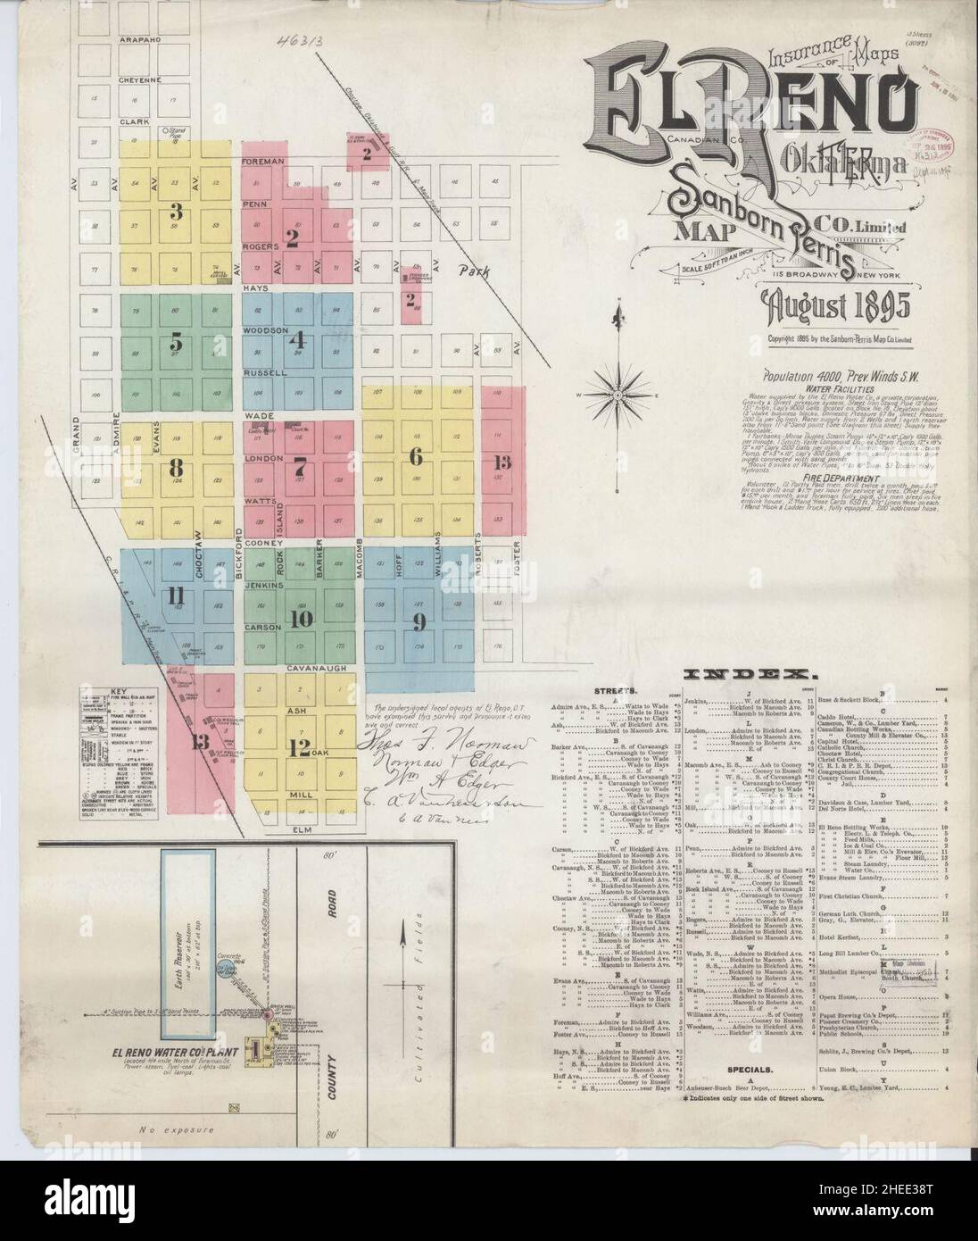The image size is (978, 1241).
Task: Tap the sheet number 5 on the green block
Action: pos(177,343)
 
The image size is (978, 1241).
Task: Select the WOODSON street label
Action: pos(264,330)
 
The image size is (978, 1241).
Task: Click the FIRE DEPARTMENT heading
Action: pos(789,452)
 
